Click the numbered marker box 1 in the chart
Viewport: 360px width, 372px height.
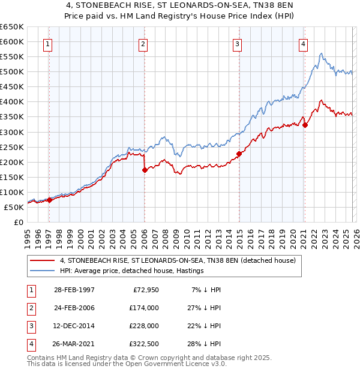(47, 43)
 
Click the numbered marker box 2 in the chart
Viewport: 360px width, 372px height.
(143, 43)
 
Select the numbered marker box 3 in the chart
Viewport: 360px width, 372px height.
(237, 43)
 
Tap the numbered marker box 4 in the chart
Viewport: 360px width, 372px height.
(304, 43)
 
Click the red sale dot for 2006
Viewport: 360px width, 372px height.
(145, 170)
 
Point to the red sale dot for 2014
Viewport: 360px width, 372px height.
(239, 154)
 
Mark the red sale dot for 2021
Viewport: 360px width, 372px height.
(305, 125)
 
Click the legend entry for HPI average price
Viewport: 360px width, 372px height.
(131, 271)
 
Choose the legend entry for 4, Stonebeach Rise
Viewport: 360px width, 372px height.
(178, 261)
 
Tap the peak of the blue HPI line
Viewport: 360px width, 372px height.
(322, 53)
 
